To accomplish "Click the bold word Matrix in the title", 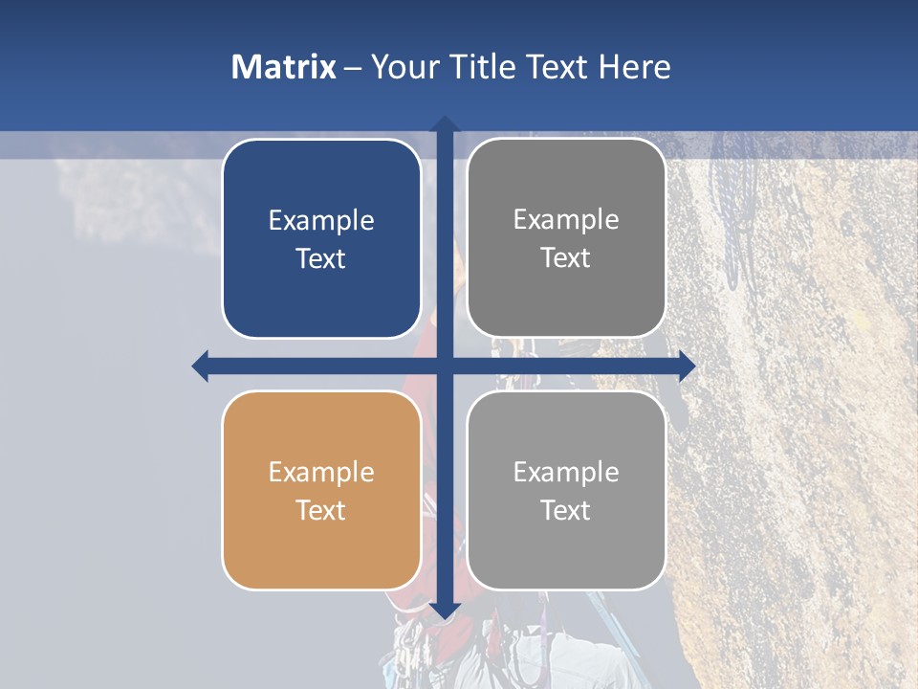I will pos(284,67).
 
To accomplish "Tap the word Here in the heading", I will pos(634,67).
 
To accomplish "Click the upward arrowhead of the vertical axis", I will pos(445,124).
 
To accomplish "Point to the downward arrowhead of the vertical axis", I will pos(445,611).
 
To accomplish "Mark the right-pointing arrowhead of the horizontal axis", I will pos(687,366).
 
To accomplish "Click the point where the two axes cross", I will pos(445,366).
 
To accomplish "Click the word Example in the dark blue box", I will pos(321,221).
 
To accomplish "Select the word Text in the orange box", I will pos(321,510).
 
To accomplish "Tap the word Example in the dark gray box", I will pos(566,220).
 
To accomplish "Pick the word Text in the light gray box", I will pos(566,510).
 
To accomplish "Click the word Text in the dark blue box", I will pos(321,258).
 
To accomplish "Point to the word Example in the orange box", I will pos(321,472).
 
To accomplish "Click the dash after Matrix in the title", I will pos(353,68).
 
